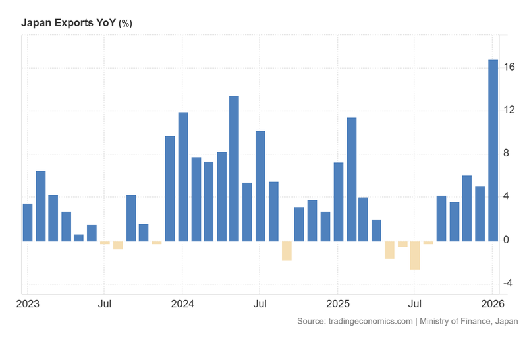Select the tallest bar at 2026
[493, 150]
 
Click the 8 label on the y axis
[506, 154]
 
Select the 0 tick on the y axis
[506, 240]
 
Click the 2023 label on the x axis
[28, 305]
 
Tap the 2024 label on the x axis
[182, 305]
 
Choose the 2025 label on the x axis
[338, 305]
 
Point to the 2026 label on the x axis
[493, 305]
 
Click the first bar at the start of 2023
[28, 222]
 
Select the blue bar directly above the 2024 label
[182, 177]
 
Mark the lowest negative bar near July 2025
[415, 255]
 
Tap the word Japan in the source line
[505, 321]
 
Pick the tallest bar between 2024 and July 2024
[234, 168]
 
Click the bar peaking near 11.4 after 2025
[351, 179]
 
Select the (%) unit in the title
[125, 24]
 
